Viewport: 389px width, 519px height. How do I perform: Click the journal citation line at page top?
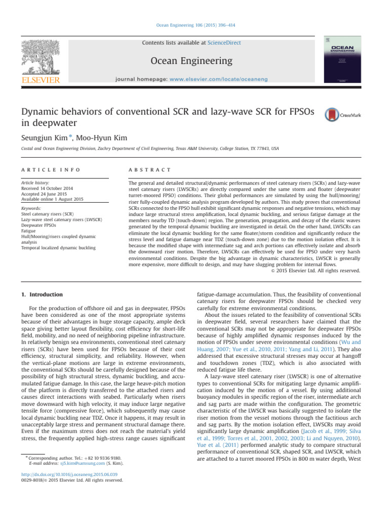[x=194, y=25]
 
